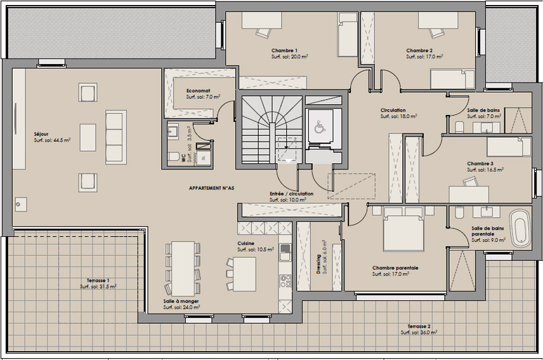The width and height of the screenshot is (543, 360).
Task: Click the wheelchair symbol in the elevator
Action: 319,128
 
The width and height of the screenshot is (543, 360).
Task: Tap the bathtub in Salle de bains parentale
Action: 520,228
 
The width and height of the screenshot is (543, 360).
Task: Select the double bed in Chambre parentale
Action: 403,229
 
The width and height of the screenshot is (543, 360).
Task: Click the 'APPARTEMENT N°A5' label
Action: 211,188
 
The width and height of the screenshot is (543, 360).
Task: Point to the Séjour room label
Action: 41,134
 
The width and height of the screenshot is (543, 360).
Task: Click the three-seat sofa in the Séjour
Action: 116,137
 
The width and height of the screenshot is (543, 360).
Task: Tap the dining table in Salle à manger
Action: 183,268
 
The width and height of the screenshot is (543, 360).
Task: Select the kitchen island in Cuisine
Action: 244,274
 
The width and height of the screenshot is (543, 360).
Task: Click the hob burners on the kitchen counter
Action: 285,281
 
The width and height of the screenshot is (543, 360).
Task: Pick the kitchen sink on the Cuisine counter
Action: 285,252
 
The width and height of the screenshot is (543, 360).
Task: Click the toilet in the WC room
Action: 173,157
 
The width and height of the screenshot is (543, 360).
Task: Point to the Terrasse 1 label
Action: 98,280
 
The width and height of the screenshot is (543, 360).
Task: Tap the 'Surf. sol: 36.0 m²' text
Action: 419,332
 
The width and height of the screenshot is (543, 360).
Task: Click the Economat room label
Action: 198,91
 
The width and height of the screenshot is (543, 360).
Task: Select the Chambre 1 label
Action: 284,51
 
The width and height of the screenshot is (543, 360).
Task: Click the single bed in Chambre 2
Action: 452,79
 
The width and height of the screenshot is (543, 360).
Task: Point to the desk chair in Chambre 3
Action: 470,182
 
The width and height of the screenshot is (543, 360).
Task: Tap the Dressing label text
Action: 318,264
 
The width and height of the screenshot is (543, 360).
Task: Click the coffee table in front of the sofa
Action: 88,138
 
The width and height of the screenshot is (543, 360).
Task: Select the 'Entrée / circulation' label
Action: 292,194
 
